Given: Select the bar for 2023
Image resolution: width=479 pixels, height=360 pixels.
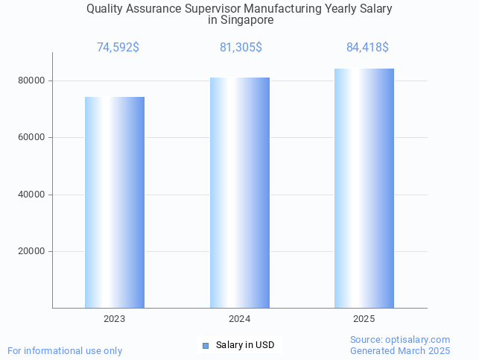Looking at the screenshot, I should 115,202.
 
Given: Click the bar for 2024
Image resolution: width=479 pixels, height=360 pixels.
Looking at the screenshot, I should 239,192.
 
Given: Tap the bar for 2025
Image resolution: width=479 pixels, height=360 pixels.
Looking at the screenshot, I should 364,188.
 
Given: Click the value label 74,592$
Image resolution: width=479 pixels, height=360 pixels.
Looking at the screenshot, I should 118,48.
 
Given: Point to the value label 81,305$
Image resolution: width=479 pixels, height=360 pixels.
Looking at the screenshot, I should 241,48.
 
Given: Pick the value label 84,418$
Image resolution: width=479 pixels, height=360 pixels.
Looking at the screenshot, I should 367,48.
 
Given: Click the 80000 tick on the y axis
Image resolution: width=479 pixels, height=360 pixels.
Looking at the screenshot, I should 32,80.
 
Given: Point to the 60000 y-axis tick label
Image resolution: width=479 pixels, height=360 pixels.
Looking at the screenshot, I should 32,137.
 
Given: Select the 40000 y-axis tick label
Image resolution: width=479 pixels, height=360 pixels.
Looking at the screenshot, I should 32,195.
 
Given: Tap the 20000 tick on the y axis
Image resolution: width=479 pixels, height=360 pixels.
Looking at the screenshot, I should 32,251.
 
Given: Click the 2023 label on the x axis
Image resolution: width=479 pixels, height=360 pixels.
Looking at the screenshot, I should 115,319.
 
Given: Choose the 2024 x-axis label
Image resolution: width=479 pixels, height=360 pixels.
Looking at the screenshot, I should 239,319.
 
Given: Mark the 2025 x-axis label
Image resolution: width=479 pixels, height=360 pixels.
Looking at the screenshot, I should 364,319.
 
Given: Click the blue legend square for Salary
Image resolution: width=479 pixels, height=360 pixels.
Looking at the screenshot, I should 206,345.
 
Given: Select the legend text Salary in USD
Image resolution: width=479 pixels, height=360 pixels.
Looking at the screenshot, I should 245,345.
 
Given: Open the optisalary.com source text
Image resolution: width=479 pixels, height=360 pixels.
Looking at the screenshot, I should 400,339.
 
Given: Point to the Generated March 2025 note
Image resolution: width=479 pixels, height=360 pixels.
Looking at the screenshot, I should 400,350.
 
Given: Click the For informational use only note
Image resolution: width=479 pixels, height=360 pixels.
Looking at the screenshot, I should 65,350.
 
